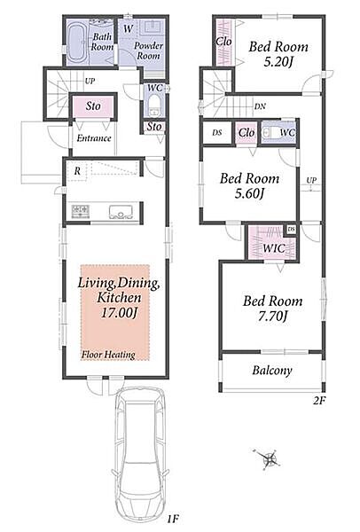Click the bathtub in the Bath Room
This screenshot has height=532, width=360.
pyautogui.click(x=77, y=42)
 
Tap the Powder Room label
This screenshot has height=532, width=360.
pyautogui.click(x=148, y=51)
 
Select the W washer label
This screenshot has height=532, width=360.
pyautogui.click(x=128, y=28)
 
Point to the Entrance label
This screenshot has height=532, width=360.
pyautogui.click(x=94, y=138)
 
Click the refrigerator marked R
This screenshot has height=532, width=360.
pyautogui.click(x=77, y=171)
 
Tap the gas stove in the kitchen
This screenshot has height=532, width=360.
pyautogui.click(x=81, y=212)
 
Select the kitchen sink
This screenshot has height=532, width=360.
pyautogui.click(x=121, y=212)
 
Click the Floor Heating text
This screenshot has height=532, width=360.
pyautogui.click(x=108, y=355)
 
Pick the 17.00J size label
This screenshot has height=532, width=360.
pyautogui.click(x=119, y=312)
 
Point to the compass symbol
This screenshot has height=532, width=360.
pyautogui.click(x=268, y=459)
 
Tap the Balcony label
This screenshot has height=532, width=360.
pyautogui.click(x=272, y=370)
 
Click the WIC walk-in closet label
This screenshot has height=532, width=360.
pyautogui.click(x=273, y=248)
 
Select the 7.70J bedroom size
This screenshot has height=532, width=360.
pyautogui.click(x=272, y=317)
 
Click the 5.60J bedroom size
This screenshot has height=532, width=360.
pyautogui.click(x=249, y=193)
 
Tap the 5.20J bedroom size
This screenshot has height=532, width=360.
pyautogui.click(x=278, y=61)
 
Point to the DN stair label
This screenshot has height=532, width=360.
pyautogui.click(x=260, y=106)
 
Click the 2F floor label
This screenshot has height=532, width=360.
pyautogui.click(x=319, y=401)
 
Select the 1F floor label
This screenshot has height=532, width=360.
pyautogui.click(x=173, y=519)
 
